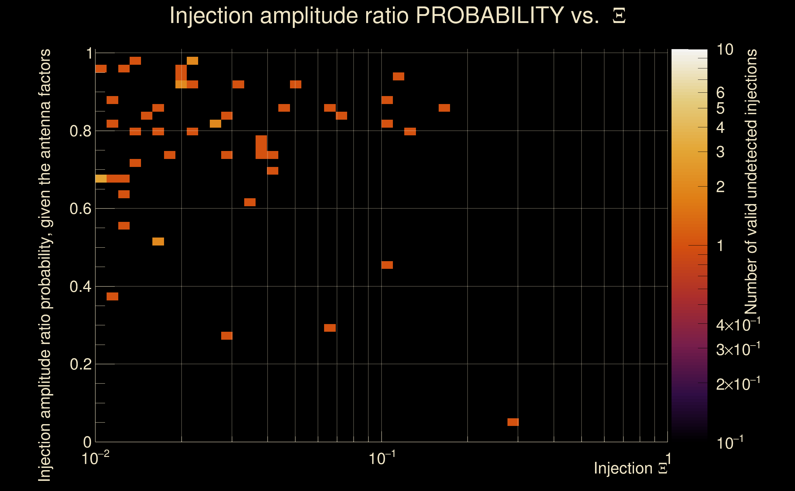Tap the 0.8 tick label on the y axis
pyautogui.click(x=80, y=131)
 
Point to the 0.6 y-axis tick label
pyautogui.click(x=80, y=209)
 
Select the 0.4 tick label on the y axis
pyautogui.click(x=80, y=287)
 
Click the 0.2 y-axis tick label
pyautogui.click(x=80, y=364)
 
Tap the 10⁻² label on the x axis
pyautogui.click(x=95, y=458)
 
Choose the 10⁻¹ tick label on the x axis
pyautogui.click(x=382, y=458)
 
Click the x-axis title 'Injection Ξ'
pyautogui.click(x=630, y=468)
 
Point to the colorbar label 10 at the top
pyautogui.click(x=724, y=50)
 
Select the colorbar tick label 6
pyautogui.click(x=720, y=93)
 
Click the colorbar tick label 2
pyautogui.click(x=720, y=187)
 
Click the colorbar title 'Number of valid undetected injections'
pyautogui.click(x=751, y=182)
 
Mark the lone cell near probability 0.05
pyautogui.click(x=513, y=422)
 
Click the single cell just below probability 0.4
pyautogui.click(x=112, y=296)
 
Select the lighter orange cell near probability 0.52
pyautogui.click(x=158, y=242)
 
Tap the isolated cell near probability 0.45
pyautogui.click(x=387, y=265)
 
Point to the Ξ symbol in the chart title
pyautogui.click(x=619, y=16)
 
